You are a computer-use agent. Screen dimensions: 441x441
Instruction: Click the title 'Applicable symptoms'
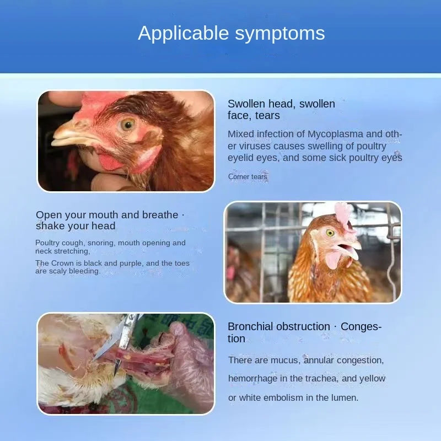click(231, 33)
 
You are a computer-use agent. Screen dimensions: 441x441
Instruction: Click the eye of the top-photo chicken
click(128, 123)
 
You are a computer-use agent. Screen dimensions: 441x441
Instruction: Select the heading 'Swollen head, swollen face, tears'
click(281, 110)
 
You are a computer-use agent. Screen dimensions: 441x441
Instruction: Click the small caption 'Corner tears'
click(248, 177)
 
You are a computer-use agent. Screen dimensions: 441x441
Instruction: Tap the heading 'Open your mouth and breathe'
click(107, 215)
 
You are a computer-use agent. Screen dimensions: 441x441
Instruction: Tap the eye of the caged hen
click(330, 233)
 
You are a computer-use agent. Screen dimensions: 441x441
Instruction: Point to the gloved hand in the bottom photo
click(187, 364)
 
